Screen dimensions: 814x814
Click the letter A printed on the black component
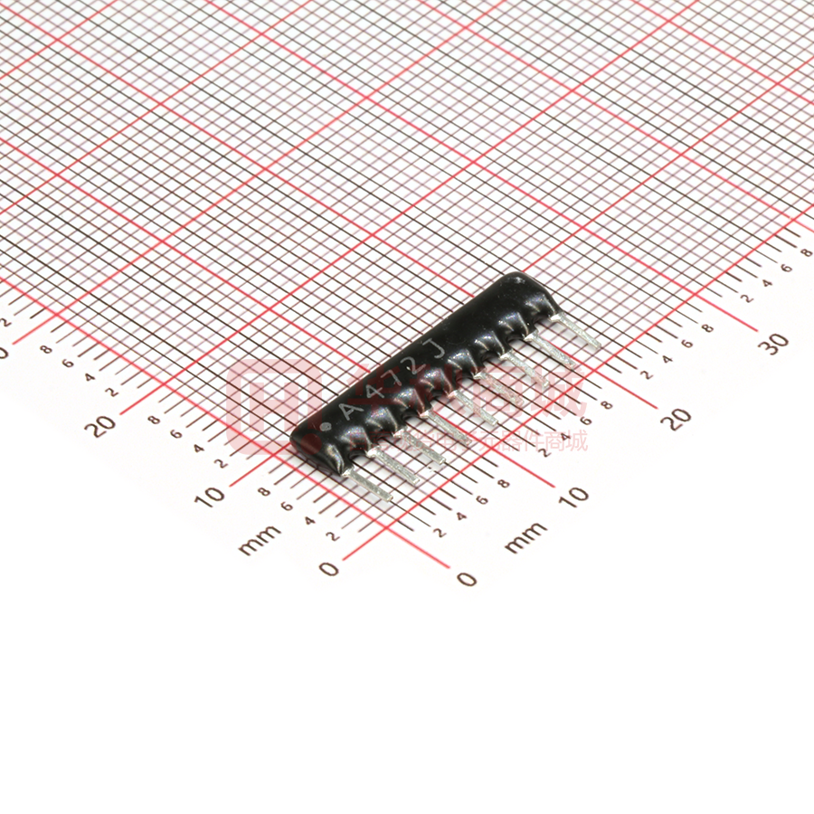pyautogui.click(x=347, y=411)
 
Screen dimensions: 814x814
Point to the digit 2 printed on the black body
pyautogui.click(x=413, y=364)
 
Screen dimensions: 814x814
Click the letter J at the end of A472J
pyautogui.click(x=436, y=349)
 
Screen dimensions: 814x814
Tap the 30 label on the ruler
pyautogui.click(x=774, y=344)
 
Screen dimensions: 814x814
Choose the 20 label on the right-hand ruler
pyautogui.click(x=677, y=418)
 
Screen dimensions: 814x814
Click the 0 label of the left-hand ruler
pyautogui.click(x=329, y=568)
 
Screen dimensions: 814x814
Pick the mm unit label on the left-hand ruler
pyautogui.click(x=260, y=541)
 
